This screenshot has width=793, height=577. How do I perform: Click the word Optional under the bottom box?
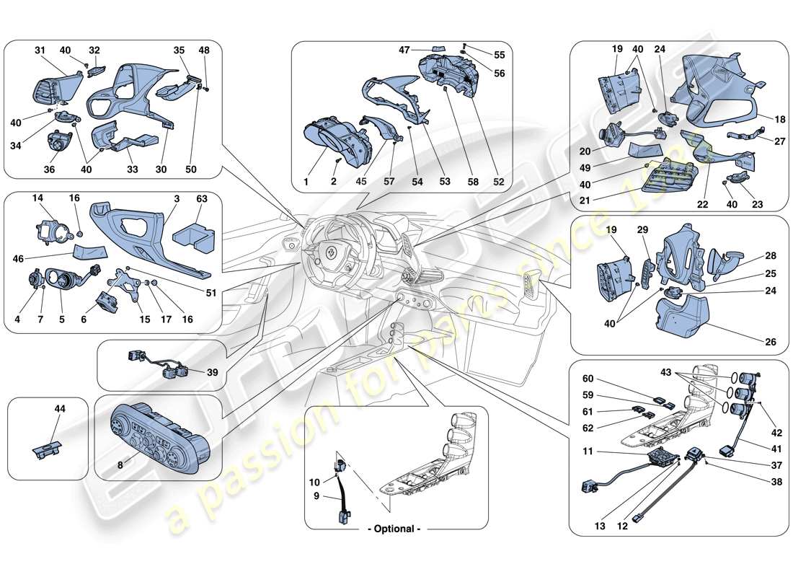pos(395,529)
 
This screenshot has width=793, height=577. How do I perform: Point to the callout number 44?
pos(60,408)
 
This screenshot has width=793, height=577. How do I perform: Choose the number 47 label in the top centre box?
pos(404,50)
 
